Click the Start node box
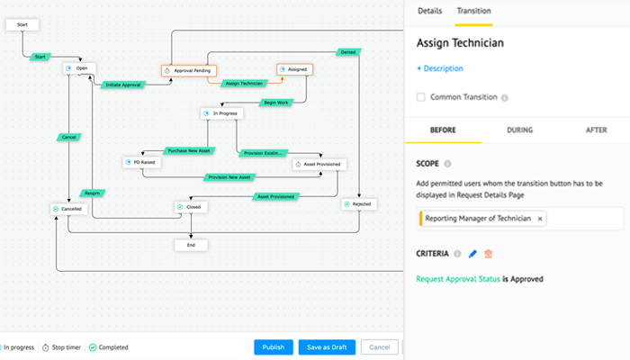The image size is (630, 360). click(22, 25)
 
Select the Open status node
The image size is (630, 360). click(79, 68)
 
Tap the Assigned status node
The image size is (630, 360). click(294, 68)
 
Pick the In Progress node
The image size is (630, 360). click(221, 113)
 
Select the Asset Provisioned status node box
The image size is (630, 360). click(319, 165)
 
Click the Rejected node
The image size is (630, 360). click(358, 205)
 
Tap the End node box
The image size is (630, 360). click(190, 244)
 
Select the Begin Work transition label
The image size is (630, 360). click(274, 102)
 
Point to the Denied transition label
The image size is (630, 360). click(347, 51)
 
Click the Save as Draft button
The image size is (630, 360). click(328, 347)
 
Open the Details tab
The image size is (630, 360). click(429, 11)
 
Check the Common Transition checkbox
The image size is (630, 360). click(421, 97)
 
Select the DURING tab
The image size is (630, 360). click(519, 130)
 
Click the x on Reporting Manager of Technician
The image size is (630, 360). click(540, 219)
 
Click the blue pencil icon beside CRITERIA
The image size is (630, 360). click(472, 255)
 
